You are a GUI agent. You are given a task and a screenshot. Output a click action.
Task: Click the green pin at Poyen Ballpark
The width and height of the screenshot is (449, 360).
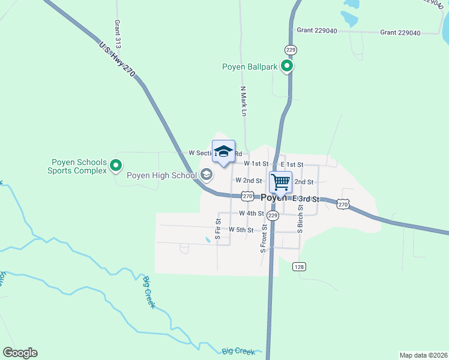(x=288, y=67)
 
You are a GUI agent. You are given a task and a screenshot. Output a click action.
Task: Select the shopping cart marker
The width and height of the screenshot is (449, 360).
(x=280, y=182)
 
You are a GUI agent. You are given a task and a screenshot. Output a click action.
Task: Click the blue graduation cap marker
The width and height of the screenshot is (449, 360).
(x=223, y=152)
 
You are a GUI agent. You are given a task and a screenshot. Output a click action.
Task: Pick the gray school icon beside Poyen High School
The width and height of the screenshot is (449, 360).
(x=206, y=175)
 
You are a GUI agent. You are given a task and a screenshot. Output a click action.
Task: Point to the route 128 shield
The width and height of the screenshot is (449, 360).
(x=300, y=266)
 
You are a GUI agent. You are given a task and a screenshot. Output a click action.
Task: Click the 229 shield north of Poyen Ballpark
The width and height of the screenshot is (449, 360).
(x=291, y=49)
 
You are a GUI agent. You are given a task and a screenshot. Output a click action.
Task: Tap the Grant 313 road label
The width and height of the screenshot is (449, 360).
(x=118, y=35)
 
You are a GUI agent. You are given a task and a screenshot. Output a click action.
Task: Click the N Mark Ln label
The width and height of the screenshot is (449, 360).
(x=243, y=101)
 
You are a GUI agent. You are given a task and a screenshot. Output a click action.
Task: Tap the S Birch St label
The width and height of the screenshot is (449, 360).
(x=300, y=219)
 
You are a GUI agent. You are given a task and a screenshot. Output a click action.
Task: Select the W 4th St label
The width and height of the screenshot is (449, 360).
(x=252, y=213)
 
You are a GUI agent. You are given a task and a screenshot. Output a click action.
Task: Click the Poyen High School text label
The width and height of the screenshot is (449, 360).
(x=162, y=176)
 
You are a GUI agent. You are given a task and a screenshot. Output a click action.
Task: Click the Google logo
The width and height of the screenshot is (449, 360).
(x=20, y=353)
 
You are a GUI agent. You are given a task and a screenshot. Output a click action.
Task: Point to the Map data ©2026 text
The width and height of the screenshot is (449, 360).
(x=423, y=355)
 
